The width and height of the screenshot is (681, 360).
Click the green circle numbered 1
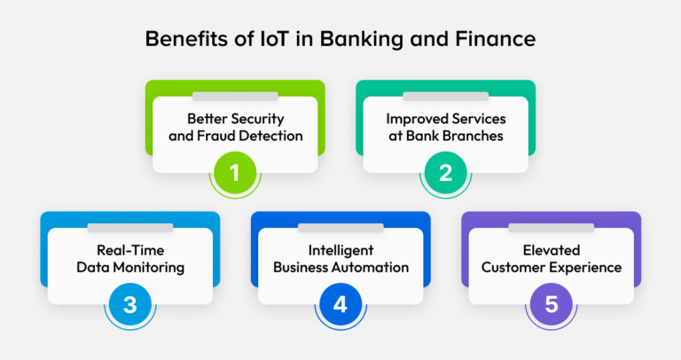point(235,172)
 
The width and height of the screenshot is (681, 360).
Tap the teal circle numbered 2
point(446,172)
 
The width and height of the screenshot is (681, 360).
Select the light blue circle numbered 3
point(130,304)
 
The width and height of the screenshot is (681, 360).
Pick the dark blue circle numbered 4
point(340,304)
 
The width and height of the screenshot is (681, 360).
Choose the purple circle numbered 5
point(552,304)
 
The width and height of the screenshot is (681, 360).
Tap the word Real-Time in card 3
point(130,251)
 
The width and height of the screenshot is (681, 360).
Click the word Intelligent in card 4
point(340,251)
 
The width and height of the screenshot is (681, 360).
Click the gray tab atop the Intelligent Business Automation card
point(340,228)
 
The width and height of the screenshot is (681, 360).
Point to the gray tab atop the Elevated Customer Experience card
point(552,228)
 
